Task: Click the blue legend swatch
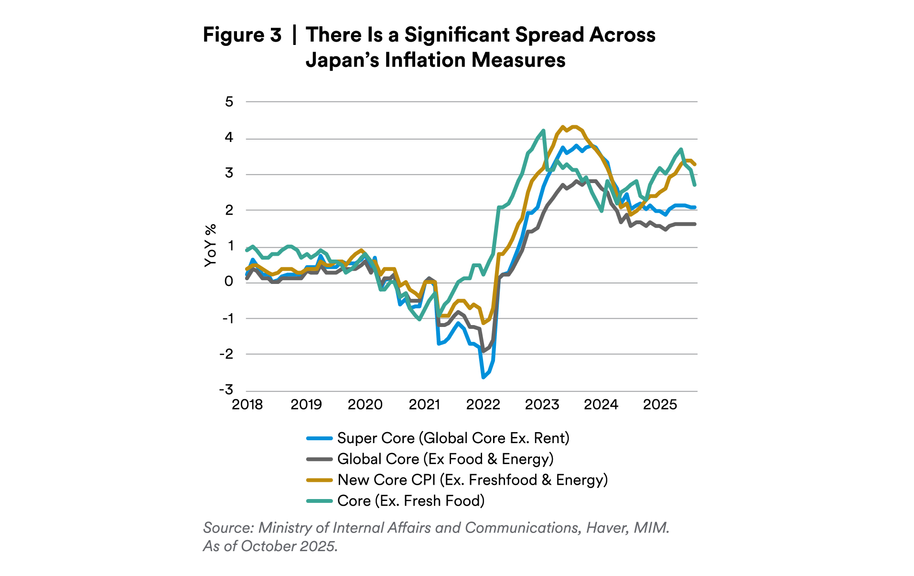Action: (319, 438)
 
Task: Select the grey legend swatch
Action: (319, 459)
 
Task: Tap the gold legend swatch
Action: (319, 480)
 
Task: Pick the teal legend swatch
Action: (319, 501)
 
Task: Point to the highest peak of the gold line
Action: (562, 126)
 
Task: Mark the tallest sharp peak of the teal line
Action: (543, 130)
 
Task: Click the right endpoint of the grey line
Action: (695, 224)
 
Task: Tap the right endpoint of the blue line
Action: (695, 207)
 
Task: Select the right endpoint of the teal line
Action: (695, 185)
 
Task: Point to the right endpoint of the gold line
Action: (695, 165)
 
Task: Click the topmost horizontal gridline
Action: (471, 102)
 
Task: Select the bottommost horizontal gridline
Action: (471, 391)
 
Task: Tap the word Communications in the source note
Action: (522, 528)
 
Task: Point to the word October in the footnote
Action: (268, 546)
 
